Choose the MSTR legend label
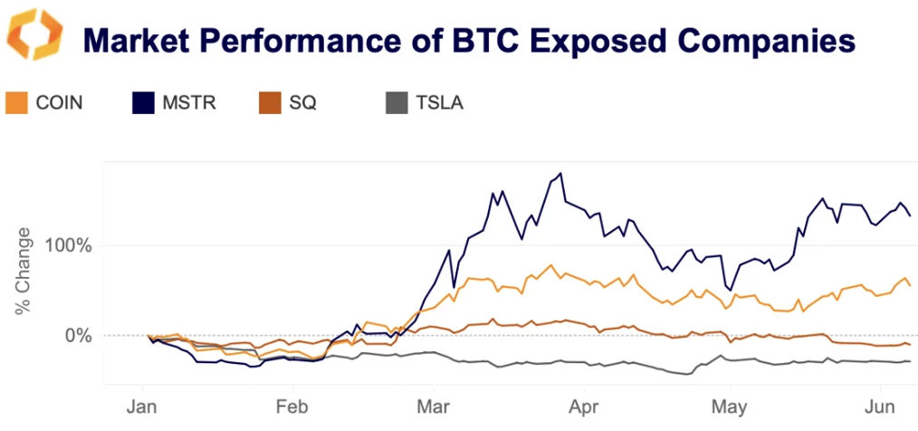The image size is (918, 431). point(191,102)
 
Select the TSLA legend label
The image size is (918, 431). point(440,102)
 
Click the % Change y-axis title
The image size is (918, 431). point(23,272)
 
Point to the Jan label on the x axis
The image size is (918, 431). point(143,407)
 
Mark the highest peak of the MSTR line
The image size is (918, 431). point(561,173)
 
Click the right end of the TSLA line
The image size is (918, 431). point(910,361)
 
